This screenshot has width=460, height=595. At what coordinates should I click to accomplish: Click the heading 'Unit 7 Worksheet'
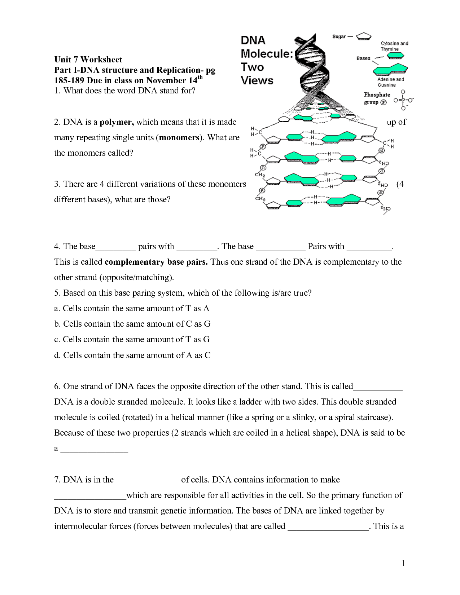88,59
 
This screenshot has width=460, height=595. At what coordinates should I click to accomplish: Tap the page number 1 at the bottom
403,564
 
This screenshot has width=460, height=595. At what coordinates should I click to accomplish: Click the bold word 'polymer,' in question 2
117,122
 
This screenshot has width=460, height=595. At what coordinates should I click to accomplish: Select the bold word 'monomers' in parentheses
179,138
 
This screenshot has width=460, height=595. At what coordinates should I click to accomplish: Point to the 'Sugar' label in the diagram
339,36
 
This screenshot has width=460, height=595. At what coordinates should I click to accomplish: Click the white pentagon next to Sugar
363,36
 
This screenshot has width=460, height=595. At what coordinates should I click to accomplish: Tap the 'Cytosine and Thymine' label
394,46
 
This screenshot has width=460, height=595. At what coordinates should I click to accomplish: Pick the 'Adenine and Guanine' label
390,82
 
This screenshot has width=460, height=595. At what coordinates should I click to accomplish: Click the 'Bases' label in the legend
363,58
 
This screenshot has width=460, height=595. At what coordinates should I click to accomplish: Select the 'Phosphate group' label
376,98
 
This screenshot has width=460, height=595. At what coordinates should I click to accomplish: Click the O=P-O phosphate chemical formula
403,100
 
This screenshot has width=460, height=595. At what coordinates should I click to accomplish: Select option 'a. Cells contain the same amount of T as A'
132,309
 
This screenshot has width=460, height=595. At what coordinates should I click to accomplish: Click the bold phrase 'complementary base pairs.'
156,262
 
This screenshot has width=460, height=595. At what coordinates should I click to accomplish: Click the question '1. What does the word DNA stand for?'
124,91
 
